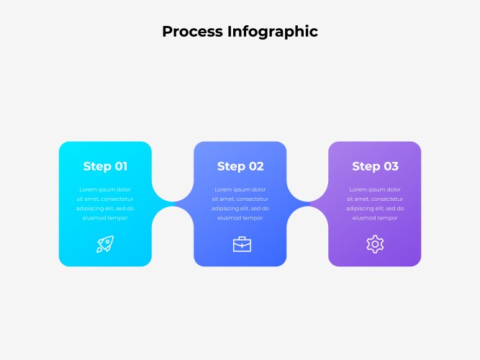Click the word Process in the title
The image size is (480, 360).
coord(193,32)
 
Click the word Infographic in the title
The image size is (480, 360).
coord(273,32)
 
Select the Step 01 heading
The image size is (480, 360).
coord(105,166)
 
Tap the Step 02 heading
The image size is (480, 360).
coord(240,166)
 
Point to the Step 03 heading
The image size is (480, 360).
coord(376,166)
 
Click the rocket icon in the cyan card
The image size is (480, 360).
coord(105,244)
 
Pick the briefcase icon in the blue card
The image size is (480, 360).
coord(242,244)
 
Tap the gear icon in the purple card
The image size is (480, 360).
coord(375,244)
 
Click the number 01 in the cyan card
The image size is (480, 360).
coord(121,166)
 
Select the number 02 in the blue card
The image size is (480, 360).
coord(256,166)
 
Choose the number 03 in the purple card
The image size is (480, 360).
coord(391,166)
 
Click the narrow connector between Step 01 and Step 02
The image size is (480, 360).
coord(173,204)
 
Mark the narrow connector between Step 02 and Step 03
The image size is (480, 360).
coord(308,204)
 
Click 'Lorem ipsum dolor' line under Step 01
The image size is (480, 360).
coord(105,189)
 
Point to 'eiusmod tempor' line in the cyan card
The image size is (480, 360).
coord(105,218)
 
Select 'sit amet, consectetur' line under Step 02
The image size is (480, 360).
coord(240,199)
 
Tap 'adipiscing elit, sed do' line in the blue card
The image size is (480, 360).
coord(240,208)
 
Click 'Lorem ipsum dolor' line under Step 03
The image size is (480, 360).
coord(375,189)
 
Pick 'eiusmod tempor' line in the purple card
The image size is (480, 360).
coord(375,218)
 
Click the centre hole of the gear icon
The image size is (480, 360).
coord(375,244)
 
